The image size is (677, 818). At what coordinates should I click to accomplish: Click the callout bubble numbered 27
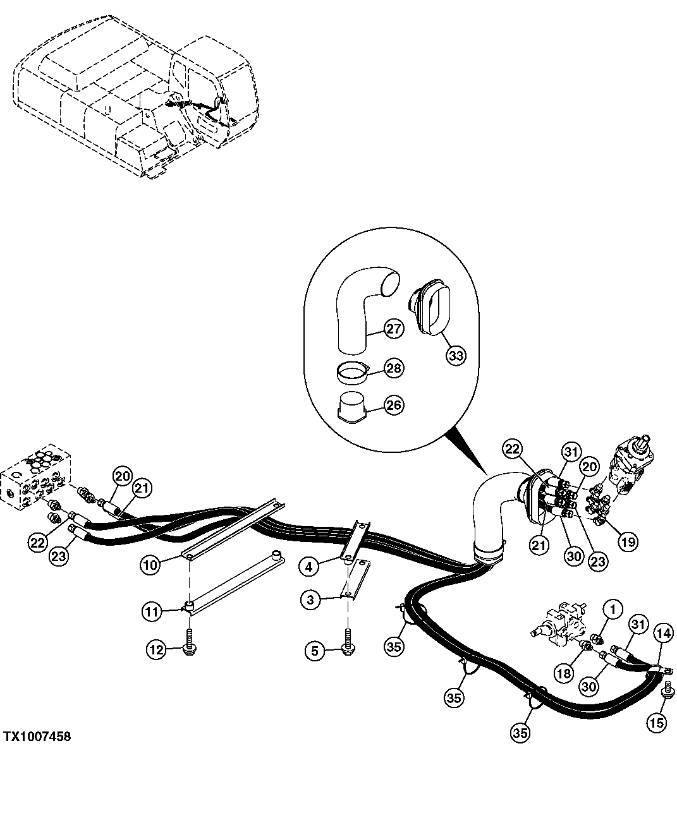click(394, 328)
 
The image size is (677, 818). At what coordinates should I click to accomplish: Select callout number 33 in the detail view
click(455, 355)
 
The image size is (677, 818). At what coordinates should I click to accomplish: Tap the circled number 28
click(394, 368)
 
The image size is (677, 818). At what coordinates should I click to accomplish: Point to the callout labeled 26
click(394, 405)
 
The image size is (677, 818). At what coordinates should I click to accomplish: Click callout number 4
click(309, 567)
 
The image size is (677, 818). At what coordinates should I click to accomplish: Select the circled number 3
click(310, 600)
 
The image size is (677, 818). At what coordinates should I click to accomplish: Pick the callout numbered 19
click(628, 541)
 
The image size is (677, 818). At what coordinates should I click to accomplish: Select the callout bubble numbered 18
click(564, 673)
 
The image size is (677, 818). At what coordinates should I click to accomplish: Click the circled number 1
click(613, 610)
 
